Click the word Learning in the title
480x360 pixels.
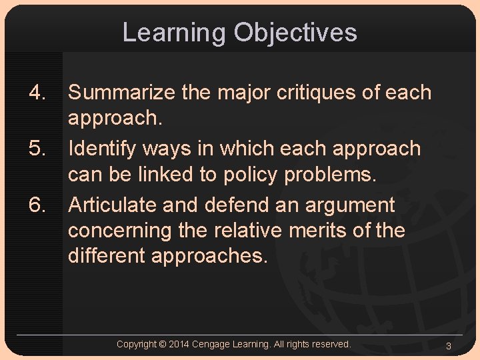(174, 33)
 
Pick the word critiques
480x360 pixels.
(319, 93)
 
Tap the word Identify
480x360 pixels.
(105, 148)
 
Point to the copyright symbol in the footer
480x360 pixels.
(162, 345)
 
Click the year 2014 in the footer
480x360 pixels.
(179, 345)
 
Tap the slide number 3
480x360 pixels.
(449, 346)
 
